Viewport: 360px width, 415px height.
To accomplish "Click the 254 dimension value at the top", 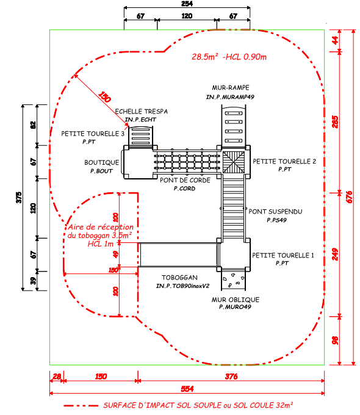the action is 187,4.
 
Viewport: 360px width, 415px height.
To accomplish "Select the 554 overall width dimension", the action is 187,389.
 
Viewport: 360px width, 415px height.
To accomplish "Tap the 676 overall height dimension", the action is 349,197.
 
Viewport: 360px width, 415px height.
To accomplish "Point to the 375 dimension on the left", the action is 19,198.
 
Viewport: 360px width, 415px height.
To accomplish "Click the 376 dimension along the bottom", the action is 231,377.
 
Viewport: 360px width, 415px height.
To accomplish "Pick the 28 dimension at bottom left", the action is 57,377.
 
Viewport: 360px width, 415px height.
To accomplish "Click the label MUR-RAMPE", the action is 231,88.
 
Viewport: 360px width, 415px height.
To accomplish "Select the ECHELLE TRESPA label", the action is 142,112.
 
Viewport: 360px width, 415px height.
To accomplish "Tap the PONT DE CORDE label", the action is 185,180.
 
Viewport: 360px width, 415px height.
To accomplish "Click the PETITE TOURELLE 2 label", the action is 284,162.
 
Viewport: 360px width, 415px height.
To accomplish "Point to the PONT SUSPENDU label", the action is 275,212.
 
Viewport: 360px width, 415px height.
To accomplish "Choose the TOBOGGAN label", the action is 179,277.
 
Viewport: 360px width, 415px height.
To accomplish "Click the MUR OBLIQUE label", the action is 236,300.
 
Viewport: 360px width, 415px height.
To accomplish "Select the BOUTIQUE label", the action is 102,162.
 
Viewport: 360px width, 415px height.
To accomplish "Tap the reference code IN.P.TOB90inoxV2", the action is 182,286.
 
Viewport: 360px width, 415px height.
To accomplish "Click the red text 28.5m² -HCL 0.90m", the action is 229,57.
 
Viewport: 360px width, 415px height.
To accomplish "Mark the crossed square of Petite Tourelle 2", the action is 234,162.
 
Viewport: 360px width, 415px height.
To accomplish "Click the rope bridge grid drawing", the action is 187,162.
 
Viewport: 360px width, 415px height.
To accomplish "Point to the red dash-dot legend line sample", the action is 81,405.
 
